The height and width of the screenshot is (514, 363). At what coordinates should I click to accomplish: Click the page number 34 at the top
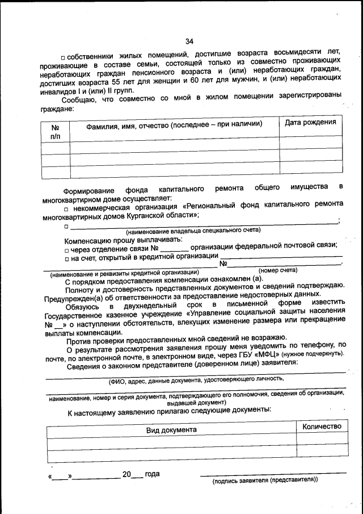point(189,40)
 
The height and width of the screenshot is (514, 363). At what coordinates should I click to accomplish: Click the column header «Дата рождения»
point(310,123)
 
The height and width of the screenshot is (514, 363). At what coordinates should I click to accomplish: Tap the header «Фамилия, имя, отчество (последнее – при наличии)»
point(174,124)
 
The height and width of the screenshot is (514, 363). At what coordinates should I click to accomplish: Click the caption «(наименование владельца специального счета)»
point(193,230)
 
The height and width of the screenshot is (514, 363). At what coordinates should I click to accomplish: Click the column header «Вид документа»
point(171,430)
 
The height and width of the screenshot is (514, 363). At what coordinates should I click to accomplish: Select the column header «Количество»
point(322,427)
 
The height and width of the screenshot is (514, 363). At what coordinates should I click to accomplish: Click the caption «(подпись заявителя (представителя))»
point(265,480)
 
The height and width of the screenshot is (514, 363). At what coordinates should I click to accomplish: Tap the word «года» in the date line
point(153,474)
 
